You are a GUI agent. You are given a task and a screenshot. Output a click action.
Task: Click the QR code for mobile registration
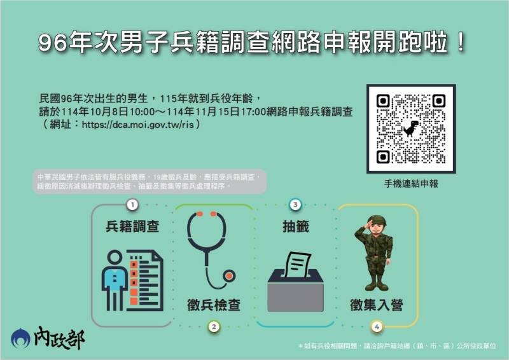tap(410, 129)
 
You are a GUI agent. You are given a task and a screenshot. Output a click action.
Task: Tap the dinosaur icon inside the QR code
tap(412, 128)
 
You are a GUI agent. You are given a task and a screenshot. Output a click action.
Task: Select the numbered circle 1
tap(132, 205)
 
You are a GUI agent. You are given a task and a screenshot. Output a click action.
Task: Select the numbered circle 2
tap(214, 327)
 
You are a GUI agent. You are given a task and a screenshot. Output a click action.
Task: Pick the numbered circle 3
tap(295, 205)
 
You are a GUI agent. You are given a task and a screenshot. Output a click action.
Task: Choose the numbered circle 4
tap(377, 327)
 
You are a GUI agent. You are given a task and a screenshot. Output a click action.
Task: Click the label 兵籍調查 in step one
tap(132, 226)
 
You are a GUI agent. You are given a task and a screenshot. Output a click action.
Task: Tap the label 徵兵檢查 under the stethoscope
tap(214, 305)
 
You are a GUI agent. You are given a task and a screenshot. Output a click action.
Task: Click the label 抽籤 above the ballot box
tap(295, 226)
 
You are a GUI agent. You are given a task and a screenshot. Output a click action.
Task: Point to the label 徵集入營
tap(377, 305)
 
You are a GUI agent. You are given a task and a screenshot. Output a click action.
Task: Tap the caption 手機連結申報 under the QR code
tap(411, 184)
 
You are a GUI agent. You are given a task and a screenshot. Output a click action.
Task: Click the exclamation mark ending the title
tap(460, 43)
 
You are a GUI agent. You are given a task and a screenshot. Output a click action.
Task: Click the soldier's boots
tap(377, 282)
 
